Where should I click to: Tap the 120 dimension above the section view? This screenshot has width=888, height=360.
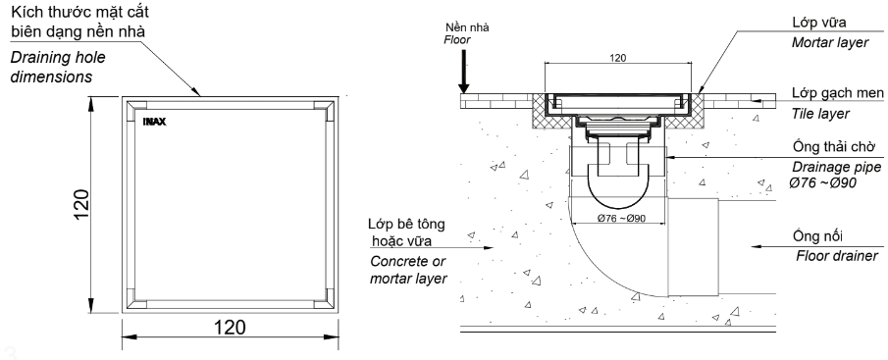[617, 59]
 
